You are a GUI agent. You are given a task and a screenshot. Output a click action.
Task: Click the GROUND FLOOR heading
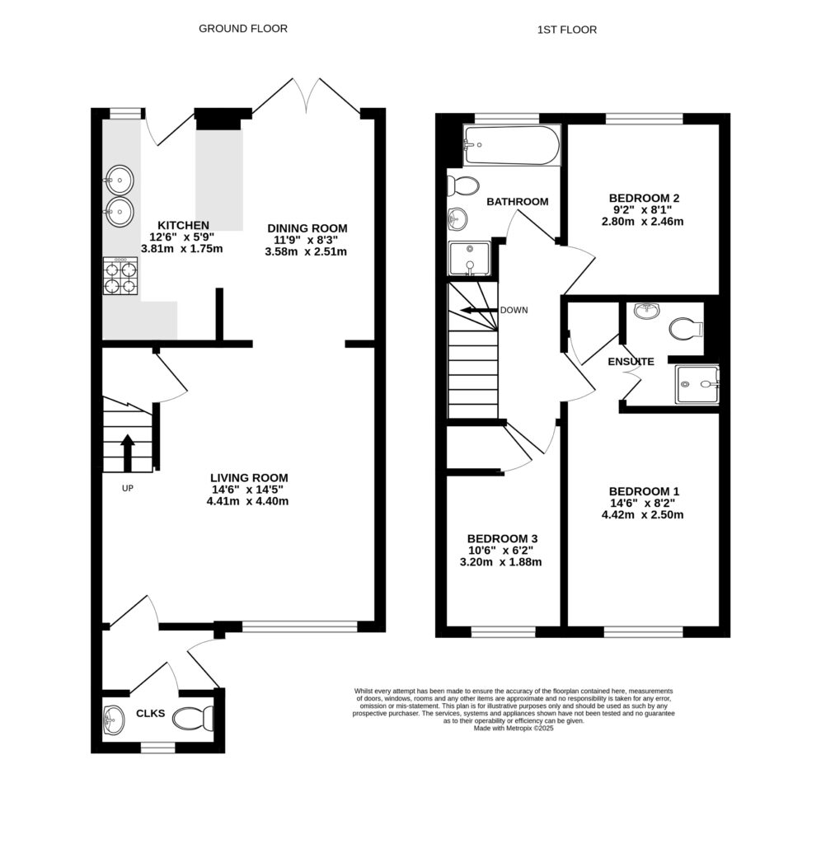coord(243,29)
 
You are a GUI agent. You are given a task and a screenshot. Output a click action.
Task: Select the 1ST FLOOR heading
coord(566,30)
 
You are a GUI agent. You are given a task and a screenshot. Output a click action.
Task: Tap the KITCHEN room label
coord(183,225)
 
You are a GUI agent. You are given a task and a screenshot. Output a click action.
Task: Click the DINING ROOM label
coord(307,228)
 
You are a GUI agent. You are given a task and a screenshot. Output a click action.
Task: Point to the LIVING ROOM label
coord(249,477)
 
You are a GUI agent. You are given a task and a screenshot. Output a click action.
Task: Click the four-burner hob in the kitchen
coord(120,276)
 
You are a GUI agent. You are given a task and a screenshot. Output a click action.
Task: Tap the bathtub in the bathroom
coord(511,146)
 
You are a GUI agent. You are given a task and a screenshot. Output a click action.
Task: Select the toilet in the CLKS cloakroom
coord(195,717)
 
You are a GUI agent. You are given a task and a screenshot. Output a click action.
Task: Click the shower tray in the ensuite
coord(697,384)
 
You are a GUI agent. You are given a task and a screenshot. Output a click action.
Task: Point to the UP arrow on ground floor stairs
coord(128,452)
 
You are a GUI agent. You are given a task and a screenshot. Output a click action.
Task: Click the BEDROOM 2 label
coord(644,198)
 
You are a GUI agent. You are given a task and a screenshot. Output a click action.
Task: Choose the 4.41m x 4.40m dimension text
coord(249,500)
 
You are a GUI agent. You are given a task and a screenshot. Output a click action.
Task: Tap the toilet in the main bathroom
coord(467,185)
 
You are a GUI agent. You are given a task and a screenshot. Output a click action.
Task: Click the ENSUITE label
coord(631,362)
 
